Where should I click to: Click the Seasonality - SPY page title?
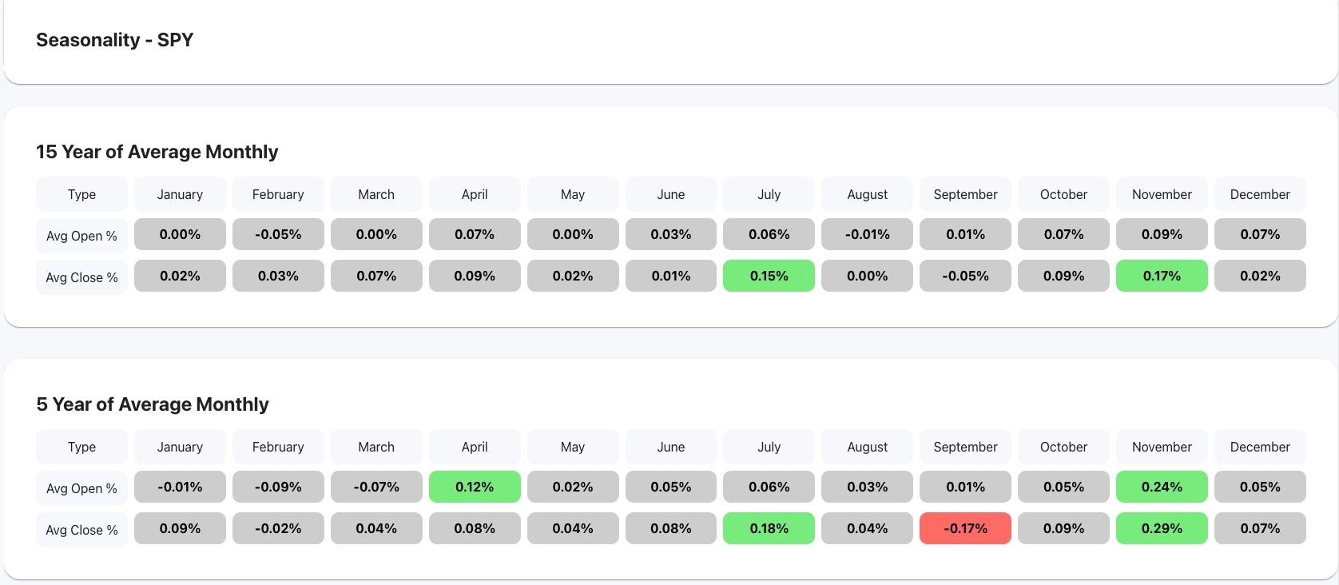[x=114, y=40]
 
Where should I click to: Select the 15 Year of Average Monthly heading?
[x=157, y=152]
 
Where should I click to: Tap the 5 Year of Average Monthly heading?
[x=152, y=404]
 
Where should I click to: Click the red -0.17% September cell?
[x=965, y=528]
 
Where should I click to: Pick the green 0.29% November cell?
[x=1162, y=528]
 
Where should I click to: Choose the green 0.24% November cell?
[x=1162, y=487]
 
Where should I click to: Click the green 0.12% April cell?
[x=475, y=487]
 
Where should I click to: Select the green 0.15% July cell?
[x=769, y=276]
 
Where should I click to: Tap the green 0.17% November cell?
[x=1162, y=276]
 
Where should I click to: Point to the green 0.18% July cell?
[x=769, y=528]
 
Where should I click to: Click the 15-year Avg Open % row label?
[x=81, y=236]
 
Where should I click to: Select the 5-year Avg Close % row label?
[x=81, y=530]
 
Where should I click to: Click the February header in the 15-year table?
[x=278, y=194]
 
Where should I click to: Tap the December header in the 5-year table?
[x=1260, y=447]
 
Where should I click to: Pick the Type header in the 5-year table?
[x=81, y=447]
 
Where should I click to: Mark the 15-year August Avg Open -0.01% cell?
[x=867, y=234]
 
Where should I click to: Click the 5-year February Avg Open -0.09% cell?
[x=278, y=487]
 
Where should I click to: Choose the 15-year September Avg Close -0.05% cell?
[x=965, y=276]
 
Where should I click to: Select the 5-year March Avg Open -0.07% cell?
[x=376, y=487]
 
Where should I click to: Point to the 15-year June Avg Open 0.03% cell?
[x=670, y=234]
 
